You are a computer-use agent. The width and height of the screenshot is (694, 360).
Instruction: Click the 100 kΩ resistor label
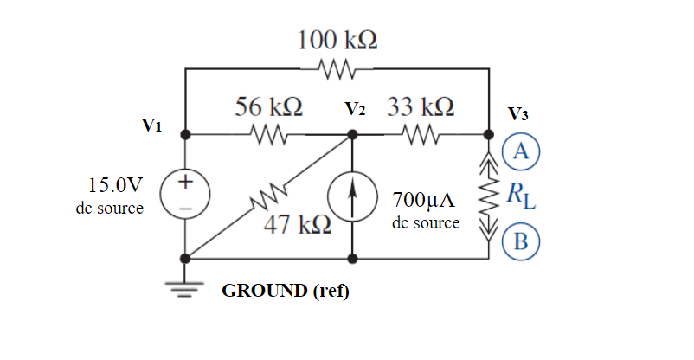tap(337, 41)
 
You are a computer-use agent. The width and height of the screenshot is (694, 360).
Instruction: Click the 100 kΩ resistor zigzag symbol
tap(337, 67)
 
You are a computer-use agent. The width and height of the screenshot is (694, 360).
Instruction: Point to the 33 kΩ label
tap(421, 107)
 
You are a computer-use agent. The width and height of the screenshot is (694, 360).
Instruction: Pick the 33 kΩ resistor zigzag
tap(421, 135)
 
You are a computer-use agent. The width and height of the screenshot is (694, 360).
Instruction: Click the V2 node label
tap(356, 110)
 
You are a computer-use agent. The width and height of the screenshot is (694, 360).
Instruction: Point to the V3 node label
tap(519, 113)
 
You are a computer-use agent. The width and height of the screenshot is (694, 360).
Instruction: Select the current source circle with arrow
tap(352, 196)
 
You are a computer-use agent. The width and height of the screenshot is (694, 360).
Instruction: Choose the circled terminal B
tap(521, 241)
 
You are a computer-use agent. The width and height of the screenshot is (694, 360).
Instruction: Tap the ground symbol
tap(186, 287)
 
